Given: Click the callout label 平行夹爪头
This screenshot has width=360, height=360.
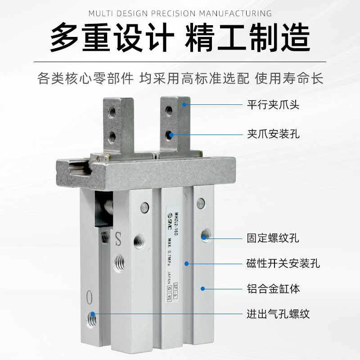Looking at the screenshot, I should pyautogui.click(x=273, y=105).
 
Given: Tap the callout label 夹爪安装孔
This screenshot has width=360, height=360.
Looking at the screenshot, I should pyautogui.click(x=273, y=134).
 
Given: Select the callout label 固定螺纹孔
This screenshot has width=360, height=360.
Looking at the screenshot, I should pyautogui.click(x=273, y=237).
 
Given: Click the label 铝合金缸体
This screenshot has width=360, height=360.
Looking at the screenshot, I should pyautogui.click(x=273, y=288).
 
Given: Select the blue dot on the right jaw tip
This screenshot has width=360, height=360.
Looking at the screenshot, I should pyautogui.click(x=184, y=104).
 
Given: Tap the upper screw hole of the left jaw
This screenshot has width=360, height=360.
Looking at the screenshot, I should pyautogui.click(x=112, y=111).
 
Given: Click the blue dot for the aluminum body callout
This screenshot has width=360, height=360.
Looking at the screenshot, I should pyautogui.click(x=202, y=288).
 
